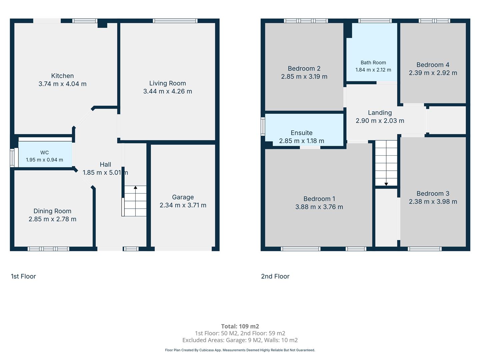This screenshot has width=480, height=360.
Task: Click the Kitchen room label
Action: tap(62, 76)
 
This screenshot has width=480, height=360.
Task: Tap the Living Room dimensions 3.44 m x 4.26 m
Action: tap(168, 91)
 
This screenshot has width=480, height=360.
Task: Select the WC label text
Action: tap(44, 152)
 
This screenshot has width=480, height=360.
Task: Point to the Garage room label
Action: tap(183, 197)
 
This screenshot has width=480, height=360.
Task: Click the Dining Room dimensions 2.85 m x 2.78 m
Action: tap(52, 219)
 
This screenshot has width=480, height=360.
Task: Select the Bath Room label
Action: tap(373, 63)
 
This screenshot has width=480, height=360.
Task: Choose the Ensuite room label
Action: tap(302, 133)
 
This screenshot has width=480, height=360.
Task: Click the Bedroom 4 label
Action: tap(433, 65)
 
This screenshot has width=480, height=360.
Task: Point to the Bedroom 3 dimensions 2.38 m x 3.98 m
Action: tap(433, 201)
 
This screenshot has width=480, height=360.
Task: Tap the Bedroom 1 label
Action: tap(319, 199)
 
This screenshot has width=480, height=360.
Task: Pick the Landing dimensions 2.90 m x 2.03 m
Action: tap(380, 120)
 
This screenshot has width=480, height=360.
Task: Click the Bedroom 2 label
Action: tap(304, 68)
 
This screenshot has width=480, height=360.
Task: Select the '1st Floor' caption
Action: tap(23, 276)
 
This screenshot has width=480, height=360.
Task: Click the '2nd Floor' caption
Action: tap(275, 276)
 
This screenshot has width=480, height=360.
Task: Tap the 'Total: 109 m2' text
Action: tap(240, 326)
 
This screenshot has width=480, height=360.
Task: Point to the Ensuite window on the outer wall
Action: tap(263, 126)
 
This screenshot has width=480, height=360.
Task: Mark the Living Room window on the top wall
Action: tap(175, 21)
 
